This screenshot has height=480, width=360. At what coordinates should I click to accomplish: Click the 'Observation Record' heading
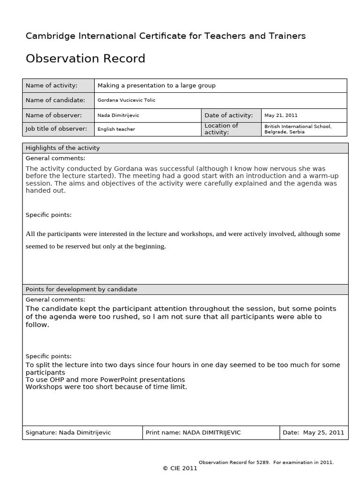pos(85,59)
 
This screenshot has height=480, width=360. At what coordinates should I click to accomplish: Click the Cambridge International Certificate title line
pos(165,36)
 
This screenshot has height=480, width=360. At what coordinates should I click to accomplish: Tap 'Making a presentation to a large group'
pos(156,85)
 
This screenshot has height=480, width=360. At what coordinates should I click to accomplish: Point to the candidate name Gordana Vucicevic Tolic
pos(126,100)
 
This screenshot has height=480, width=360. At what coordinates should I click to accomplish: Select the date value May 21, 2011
pos(281,115)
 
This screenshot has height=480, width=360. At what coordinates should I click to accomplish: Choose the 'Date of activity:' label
pos(228,115)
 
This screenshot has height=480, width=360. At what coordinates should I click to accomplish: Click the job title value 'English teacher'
pos(116,129)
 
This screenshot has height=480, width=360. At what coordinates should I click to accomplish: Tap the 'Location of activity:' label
pos(221,129)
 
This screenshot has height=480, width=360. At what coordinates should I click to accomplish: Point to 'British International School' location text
pos(298,127)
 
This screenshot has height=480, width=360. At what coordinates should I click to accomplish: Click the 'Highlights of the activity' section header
pos(62,148)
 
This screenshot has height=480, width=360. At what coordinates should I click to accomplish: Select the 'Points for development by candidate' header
pos(81,289)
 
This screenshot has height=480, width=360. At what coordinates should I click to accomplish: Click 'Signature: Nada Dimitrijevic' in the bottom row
pos(68,433)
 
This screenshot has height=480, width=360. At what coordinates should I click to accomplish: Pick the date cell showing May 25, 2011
pos(313,433)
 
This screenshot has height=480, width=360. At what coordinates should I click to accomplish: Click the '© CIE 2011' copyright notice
pos(180,468)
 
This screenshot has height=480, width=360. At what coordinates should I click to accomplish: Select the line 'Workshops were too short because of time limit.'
pos(106,387)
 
